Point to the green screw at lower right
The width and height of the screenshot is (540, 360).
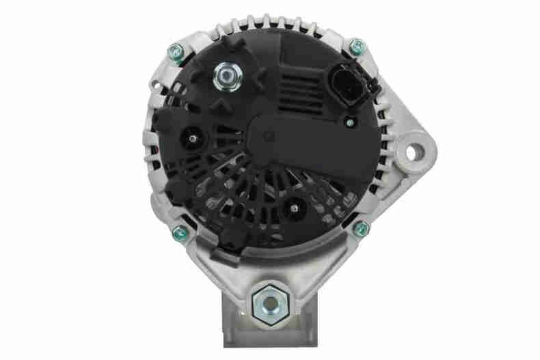[362, 228]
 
